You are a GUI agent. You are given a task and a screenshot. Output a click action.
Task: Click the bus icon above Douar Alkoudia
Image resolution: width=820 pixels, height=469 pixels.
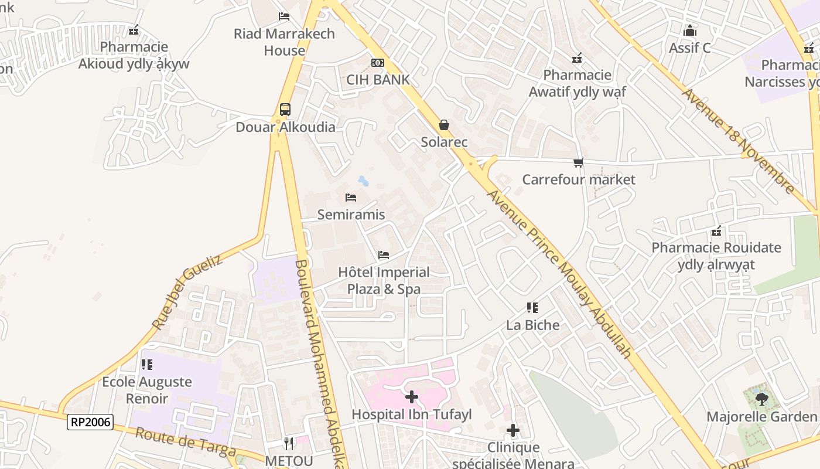[x=285, y=109]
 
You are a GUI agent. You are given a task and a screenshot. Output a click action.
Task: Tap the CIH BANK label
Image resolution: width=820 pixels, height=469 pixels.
[x=378, y=80]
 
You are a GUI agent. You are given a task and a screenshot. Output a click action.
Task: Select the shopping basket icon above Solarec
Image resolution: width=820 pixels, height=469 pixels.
[x=444, y=125]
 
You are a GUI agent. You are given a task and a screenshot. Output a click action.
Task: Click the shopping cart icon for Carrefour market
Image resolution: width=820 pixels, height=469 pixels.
[x=579, y=162]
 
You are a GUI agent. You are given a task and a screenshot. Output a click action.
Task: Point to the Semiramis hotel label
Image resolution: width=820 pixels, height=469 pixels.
[x=351, y=215]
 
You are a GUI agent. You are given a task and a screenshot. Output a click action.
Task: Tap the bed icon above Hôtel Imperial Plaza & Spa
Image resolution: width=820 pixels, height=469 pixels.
[x=384, y=254]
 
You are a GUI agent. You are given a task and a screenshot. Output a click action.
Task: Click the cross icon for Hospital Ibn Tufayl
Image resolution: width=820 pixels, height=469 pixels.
[x=412, y=397]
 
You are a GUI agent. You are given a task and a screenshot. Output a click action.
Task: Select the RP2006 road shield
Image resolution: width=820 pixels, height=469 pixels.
[x=90, y=422]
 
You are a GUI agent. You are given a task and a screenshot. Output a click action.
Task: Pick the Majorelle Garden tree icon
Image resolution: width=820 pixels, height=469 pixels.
[x=761, y=399]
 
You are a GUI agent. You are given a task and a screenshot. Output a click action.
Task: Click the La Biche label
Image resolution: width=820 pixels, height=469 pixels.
[x=532, y=325]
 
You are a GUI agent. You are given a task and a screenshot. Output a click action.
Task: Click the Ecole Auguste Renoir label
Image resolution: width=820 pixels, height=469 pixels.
[x=147, y=390]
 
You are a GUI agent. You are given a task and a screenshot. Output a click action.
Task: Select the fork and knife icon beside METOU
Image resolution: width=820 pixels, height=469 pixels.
[x=288, y=443]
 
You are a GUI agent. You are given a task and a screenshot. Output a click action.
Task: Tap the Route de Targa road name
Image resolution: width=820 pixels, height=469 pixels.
[x=186, y=442]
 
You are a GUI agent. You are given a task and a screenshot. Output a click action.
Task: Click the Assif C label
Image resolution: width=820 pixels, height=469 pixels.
[x=689, y=48]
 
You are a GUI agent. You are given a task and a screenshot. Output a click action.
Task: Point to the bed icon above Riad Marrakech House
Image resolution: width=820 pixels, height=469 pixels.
[x=284, y=16]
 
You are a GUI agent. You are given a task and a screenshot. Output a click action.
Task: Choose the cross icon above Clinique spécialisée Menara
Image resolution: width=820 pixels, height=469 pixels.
[x=513, y=431]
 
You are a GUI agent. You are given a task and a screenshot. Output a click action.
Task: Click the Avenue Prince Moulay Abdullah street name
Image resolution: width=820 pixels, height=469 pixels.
[x=560, y=273]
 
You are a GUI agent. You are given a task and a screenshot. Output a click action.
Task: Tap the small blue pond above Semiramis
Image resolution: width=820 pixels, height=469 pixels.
[x=363, y=181]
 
